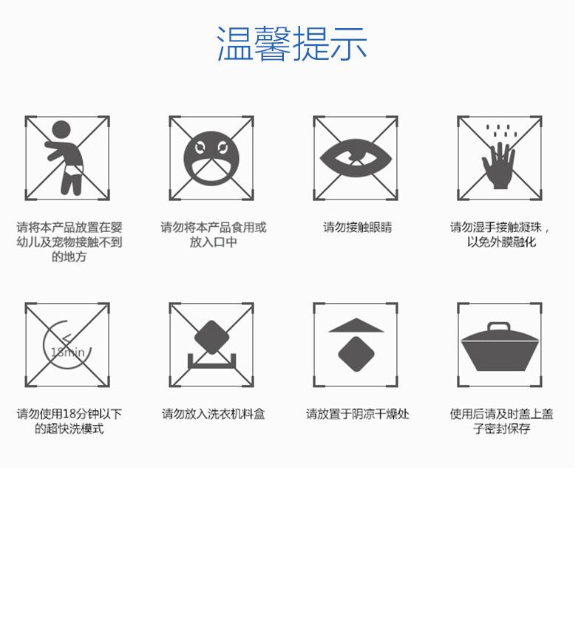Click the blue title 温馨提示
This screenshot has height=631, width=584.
point(291,44)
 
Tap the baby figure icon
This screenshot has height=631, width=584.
point(65,157)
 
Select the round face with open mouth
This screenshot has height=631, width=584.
point(211,157)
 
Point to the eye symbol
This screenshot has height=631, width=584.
point(355,157)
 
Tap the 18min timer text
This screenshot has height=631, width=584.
point(67,351)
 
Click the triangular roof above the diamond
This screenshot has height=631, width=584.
point(356,325)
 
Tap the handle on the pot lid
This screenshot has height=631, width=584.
point(500,327)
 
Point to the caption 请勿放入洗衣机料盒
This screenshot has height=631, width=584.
point(213,415)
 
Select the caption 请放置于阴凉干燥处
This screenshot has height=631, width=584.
point(357,415)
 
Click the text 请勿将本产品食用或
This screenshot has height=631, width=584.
point(213,228)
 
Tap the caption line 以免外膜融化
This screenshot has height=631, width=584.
point(501,242)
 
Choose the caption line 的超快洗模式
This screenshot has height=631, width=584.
point(69,429)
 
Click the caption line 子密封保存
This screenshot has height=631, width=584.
point(501,429)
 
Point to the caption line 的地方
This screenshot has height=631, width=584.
point(69,257)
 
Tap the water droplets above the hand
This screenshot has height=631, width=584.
point(500,132)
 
